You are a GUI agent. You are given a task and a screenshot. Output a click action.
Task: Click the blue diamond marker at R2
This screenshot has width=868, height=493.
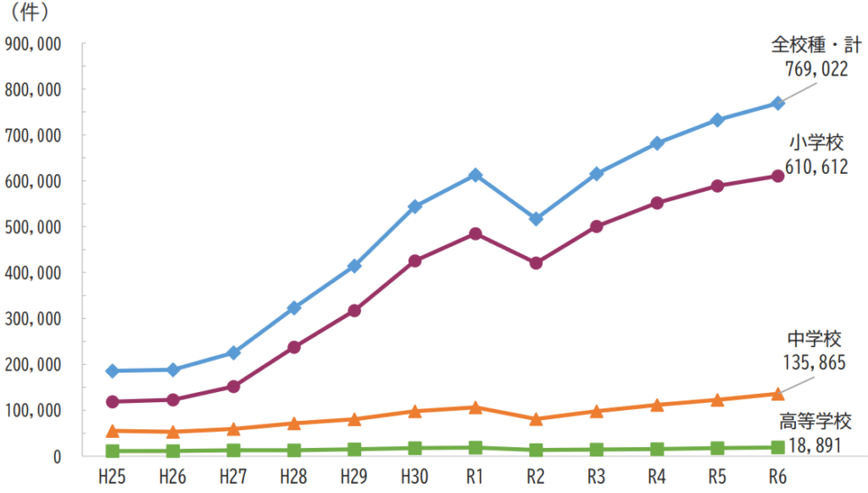535,219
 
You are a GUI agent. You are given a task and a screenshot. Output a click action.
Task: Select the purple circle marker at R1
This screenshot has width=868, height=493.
475,233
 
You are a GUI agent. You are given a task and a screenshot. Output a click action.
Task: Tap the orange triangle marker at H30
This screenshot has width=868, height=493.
415,411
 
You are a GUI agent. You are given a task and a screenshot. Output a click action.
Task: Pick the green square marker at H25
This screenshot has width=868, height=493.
113,451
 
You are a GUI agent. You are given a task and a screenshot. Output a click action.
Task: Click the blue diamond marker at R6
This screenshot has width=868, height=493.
776,104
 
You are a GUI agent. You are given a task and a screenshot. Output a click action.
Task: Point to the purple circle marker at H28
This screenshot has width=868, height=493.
294,347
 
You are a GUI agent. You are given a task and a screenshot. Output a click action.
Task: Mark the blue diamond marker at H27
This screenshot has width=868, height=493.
233,353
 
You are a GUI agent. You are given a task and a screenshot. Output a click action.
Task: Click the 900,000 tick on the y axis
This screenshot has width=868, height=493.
32,44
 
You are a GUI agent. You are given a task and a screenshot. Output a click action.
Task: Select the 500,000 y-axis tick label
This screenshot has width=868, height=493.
32,227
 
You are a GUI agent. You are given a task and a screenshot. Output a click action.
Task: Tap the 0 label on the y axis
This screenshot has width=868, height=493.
55,457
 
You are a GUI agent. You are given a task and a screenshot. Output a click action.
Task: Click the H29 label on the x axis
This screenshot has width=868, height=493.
353,477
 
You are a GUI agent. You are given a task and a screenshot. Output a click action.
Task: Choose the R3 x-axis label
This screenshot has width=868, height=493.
595,477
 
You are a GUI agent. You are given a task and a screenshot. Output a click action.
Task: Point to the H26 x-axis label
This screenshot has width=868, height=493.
173,477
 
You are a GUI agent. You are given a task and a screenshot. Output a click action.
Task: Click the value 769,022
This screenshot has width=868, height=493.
815,70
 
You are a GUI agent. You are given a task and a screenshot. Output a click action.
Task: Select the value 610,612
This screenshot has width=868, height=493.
815,167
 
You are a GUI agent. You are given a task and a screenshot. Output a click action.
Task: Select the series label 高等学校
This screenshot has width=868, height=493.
815,421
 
